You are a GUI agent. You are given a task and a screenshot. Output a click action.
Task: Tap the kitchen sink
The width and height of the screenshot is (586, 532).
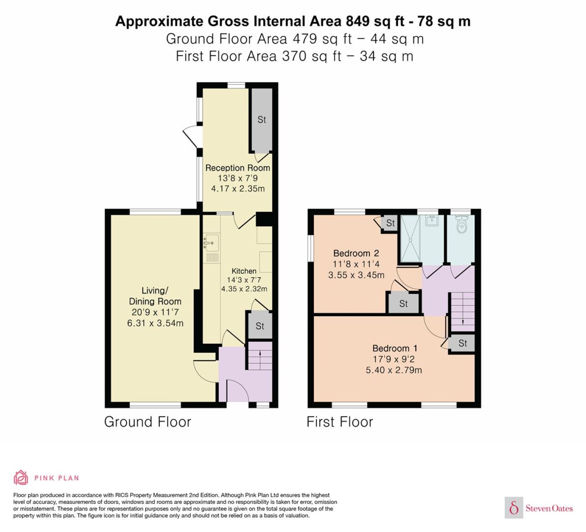pos(211,243)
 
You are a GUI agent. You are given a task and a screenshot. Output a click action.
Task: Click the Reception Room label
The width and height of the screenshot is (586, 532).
pos(237,168)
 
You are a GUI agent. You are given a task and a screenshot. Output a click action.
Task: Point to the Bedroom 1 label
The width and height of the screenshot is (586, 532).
pos(395,349)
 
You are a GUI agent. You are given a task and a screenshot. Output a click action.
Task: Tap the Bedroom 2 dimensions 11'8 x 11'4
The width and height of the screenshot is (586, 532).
pos(356,264)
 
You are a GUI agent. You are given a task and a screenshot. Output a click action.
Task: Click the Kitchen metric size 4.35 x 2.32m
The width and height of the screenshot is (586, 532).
pos(244,289)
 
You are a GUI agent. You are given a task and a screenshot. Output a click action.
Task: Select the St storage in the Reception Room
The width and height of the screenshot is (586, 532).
pos(262,120)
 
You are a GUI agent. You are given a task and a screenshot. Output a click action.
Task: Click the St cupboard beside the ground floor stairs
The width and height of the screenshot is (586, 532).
pos(260,326)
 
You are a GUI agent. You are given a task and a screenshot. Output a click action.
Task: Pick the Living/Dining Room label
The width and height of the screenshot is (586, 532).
pos(155,296)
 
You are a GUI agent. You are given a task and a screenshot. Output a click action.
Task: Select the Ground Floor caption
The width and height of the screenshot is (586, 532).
pos(147,422)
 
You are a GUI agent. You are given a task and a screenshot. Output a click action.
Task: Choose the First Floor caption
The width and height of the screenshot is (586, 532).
pos(340,422)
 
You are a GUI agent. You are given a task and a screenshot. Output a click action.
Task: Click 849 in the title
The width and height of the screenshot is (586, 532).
pos(358,21)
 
